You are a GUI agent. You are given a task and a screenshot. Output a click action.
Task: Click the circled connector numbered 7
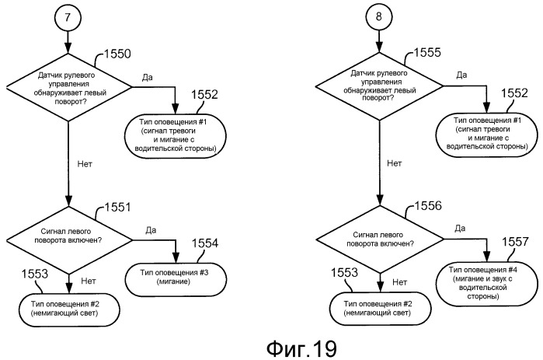(68, 17)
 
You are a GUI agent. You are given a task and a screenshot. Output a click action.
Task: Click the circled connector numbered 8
(378, 16)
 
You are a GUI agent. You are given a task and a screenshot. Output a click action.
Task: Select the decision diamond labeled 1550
(68, 87)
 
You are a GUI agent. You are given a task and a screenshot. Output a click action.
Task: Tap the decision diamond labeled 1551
(69, 240)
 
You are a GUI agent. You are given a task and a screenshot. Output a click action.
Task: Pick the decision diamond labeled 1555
(379, 86)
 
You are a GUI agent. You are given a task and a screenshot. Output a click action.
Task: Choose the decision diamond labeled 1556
(380, 239)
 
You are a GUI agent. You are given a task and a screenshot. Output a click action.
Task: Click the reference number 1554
(205, 243)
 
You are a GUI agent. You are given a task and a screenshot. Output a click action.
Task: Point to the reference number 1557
(515, 242)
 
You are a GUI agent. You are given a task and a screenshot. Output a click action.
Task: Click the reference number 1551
(118, 207)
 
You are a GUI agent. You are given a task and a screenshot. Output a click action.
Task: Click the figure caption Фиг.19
(301, 348)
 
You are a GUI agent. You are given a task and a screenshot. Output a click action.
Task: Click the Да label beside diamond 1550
(147, 77)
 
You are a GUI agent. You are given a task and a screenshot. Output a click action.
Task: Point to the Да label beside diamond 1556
(460, 229)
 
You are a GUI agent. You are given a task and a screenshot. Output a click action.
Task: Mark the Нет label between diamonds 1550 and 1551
(85, 163)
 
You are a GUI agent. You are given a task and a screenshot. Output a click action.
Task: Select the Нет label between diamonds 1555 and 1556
(395, 163)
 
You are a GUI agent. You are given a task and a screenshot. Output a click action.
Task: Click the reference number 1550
(117, 54)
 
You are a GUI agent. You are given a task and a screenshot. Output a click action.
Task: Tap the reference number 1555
(427, 52)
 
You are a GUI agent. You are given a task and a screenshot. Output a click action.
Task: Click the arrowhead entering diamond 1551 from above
(68, 201)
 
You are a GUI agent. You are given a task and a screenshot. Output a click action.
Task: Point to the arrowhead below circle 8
(379, 47)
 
